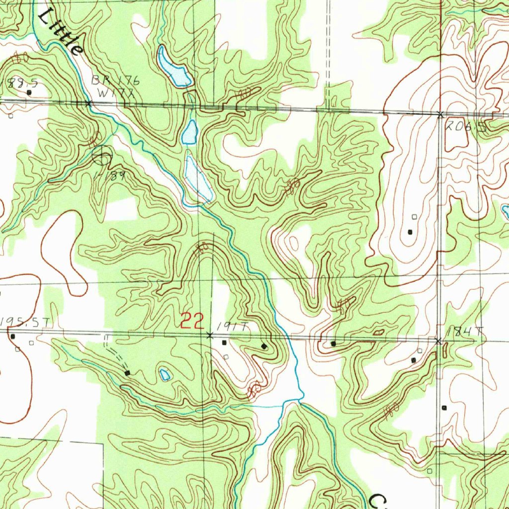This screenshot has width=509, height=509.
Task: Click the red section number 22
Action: [192, 321]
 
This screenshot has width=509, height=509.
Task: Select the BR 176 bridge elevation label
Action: [116, 81]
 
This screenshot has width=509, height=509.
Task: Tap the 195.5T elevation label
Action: [25, 323]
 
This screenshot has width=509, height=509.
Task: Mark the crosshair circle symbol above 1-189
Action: [102, 156]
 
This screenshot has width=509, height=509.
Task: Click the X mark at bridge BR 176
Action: [88, 103]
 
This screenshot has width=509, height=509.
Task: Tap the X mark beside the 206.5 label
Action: [440, 115]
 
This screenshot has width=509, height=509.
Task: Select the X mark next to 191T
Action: [209, 336]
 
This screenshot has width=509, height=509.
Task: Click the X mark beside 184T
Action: [438, 341]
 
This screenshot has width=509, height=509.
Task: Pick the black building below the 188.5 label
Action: [29, 92]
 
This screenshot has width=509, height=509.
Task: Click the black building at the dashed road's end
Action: [128, 372]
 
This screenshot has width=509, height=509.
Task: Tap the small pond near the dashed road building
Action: [165, 374]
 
